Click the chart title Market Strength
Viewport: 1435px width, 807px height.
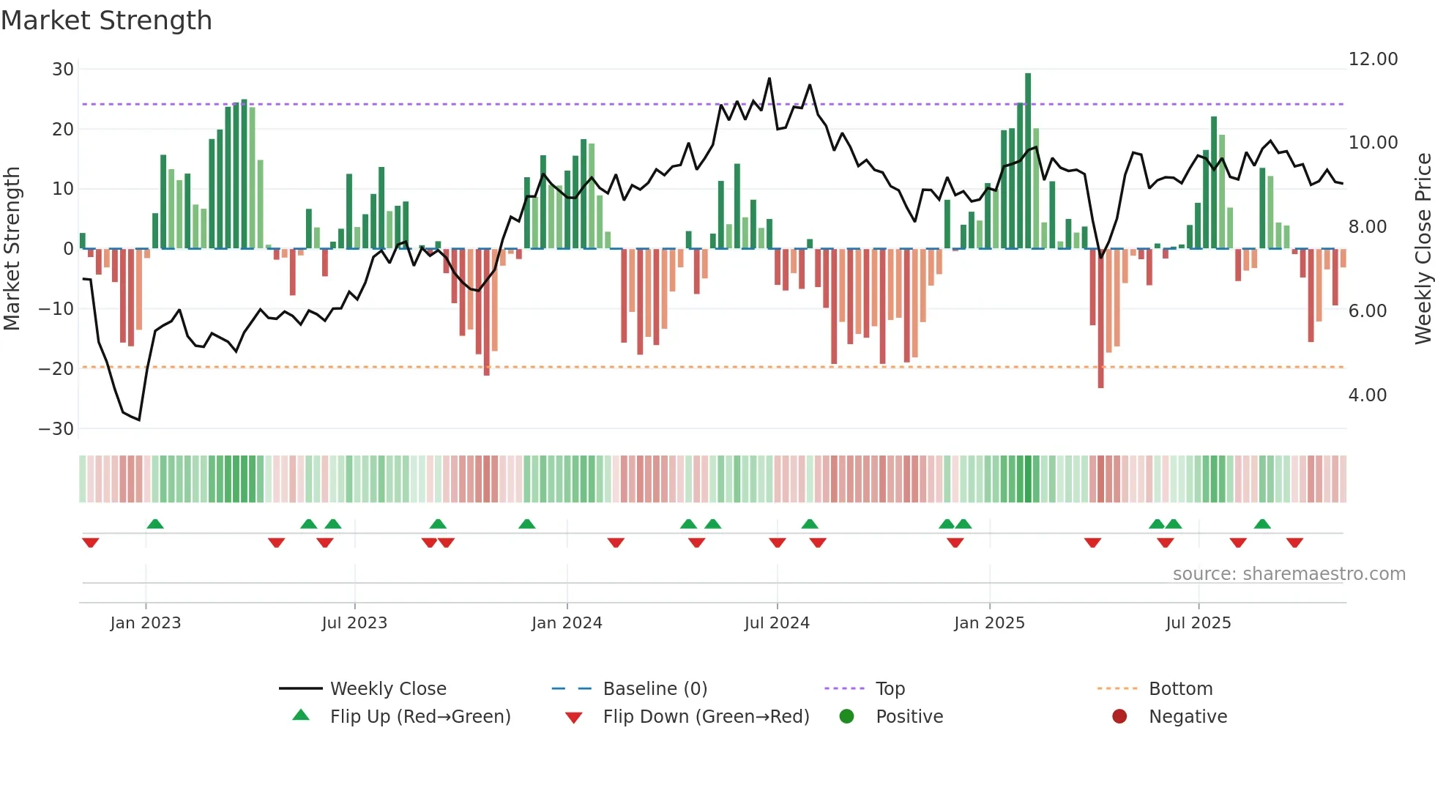tap(106, 21)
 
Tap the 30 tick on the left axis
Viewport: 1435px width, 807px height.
tap(63, 70)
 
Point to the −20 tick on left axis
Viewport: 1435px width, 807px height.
tap(56, 368)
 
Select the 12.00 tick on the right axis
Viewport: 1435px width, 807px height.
tap(1373, 59)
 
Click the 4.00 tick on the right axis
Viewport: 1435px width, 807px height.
tap(1367, 395)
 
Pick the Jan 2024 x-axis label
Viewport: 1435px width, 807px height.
tap(567, 623)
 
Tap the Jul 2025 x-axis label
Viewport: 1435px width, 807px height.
tap(1198, 623)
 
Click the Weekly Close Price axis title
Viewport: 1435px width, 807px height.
tap(1423, 249)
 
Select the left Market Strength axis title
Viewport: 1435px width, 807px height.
tap(12, 249)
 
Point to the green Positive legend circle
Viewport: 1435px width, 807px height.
tap(846, 717)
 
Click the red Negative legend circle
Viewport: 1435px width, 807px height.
tap(1119, 717)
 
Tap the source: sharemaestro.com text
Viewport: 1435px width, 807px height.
tap(1289, 574)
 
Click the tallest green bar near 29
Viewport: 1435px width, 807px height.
tap(1028, 161)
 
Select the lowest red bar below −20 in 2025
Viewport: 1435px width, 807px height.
tap(1100, 319)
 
